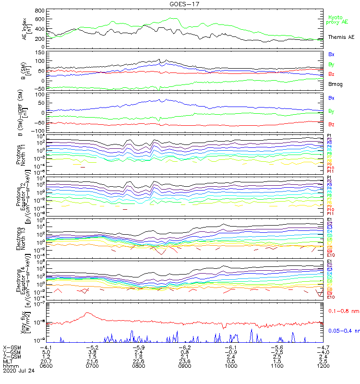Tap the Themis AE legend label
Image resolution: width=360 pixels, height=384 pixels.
click(x=341, y=37)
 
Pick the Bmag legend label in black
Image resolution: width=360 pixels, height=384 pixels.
click(x=334, y=84)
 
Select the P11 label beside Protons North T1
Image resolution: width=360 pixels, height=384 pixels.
click(x=330, y=171)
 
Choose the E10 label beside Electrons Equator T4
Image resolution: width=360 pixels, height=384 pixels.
click(x=330, y=297)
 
